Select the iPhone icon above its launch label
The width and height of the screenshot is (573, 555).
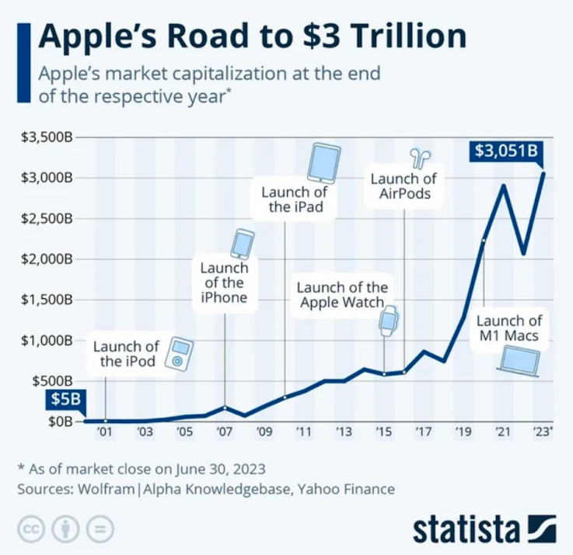242,244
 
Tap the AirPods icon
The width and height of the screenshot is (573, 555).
422,158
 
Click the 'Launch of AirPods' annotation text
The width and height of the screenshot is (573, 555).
404,186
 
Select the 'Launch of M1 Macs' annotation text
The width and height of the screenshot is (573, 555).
509,328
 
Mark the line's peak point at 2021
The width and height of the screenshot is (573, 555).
505,186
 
